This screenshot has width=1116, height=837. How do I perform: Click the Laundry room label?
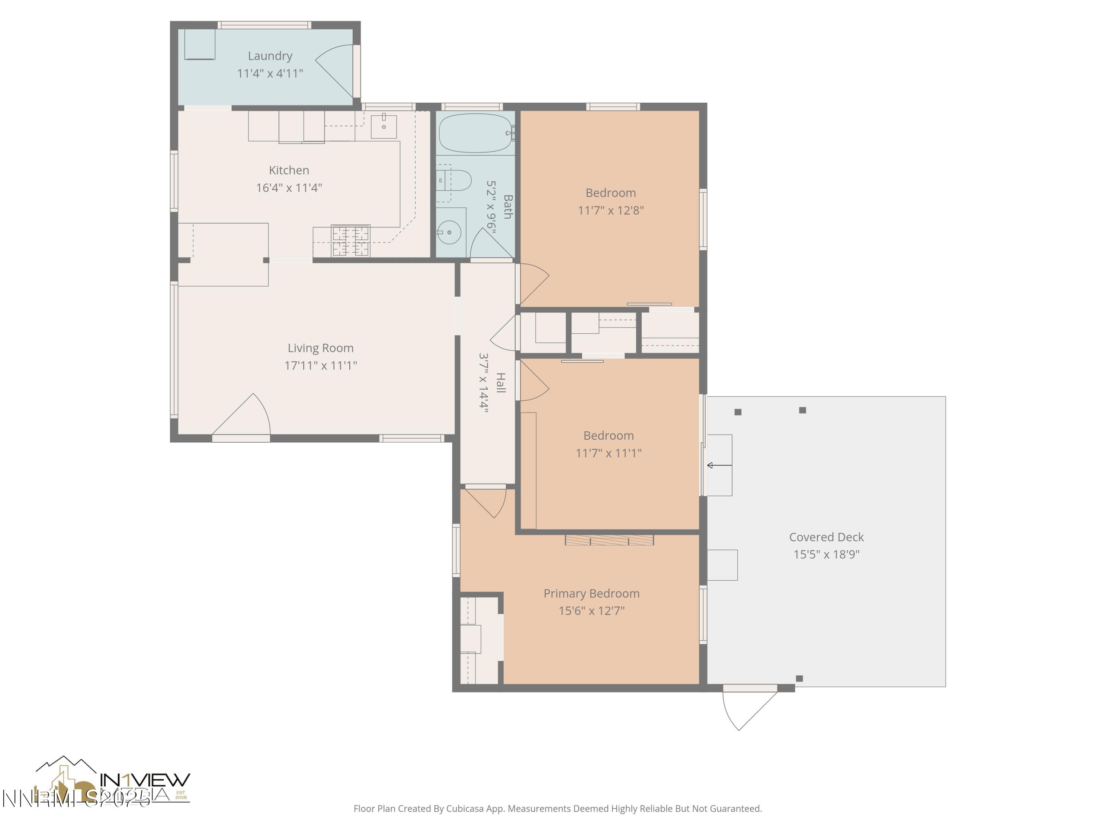pos(270,56)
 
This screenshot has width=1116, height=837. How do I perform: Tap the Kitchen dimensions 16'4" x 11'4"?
pos(289,188)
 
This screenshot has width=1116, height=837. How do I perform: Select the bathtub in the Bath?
pos(475,133)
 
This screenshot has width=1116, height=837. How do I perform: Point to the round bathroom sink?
pos(449,232)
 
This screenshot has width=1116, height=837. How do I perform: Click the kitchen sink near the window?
pos(384,126)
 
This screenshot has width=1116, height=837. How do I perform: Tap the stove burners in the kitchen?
pos(351,241)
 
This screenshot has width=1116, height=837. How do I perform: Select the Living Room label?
pos(320,348)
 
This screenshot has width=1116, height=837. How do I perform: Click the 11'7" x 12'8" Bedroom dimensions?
pos(610,211)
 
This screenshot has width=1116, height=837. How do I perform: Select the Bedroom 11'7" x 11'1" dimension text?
pos(609,453)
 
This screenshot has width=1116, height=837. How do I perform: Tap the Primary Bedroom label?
pos(591,593)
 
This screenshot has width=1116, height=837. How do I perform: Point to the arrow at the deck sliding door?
pos(719,465)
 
